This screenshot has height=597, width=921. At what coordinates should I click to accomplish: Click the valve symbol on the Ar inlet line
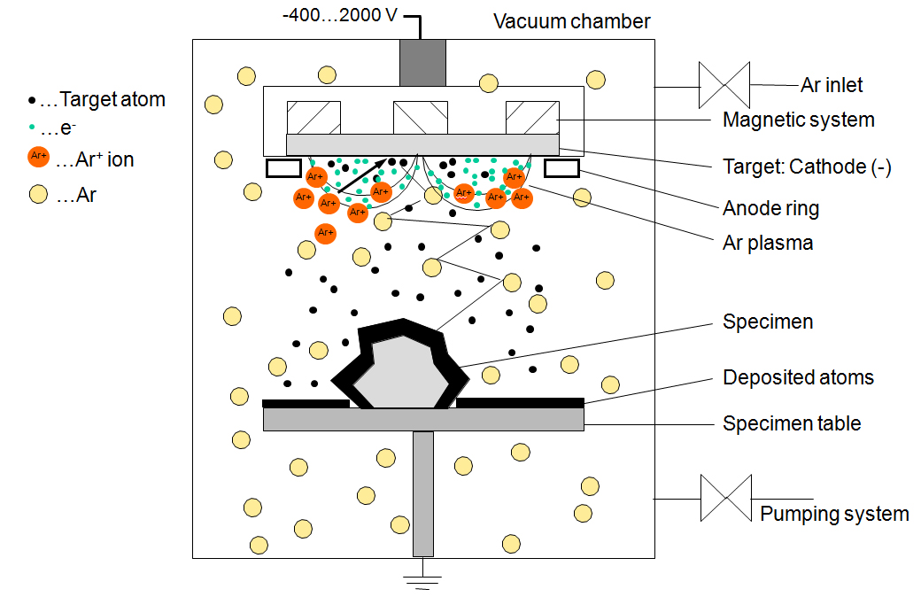(x=724, y=86)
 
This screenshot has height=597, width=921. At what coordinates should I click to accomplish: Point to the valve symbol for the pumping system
(x=726, y=498)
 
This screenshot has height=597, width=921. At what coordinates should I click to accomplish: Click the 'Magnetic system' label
(x=799, y=120)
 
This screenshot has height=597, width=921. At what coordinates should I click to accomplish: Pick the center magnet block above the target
(x=421, y=118)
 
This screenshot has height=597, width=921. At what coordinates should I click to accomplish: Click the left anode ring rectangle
(x=284, y=167)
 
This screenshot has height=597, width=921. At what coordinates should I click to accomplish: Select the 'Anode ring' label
(x=770, y=209)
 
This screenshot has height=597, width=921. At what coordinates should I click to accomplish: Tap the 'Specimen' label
(x=768, y=322)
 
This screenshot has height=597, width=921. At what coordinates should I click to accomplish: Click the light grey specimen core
(x=404, y=372)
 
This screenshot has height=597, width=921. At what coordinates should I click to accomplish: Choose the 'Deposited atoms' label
(x=798, y=378)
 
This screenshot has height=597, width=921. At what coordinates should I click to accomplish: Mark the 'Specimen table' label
(x=792, y=423)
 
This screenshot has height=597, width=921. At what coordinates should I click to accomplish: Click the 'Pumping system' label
(x=834, y=514)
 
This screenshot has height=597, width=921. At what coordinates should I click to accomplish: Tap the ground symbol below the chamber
(x=423, y=579)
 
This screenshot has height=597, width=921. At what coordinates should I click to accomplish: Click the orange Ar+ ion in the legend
(x=38, y=158)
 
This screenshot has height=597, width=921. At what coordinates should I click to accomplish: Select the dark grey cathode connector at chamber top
(x=422, y=63)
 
